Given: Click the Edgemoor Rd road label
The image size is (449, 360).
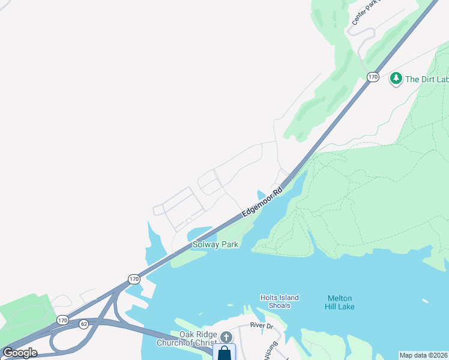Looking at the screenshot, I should [x=262, y=204].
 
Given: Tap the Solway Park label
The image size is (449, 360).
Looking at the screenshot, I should [x=215, y=244].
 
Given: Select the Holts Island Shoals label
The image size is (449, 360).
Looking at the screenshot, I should [x=279, y=301].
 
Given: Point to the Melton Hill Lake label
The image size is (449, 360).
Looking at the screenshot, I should [x=341, y=302].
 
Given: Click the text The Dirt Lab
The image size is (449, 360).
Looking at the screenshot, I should [x=427, y=79].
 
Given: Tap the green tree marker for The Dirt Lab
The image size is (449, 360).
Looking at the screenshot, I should [x=396, y=78].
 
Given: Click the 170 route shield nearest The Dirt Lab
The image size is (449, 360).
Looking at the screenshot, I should [x=373, y=77].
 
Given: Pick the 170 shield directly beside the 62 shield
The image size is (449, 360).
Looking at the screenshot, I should [x=63, y=320].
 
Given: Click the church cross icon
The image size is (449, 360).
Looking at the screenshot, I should [x=226, y=338].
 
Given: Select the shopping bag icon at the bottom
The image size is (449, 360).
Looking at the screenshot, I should [x=224, y=353].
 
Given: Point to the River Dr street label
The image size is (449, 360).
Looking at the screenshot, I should [x=262, y=325].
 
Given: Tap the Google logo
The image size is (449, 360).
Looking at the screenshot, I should [x=20, y=353].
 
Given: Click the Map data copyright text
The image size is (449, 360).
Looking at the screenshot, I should [x=423, y=355].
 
